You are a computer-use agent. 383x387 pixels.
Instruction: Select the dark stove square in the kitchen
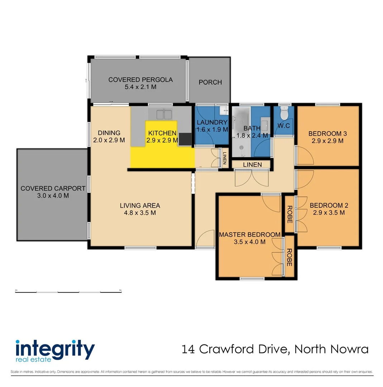pos(186,139)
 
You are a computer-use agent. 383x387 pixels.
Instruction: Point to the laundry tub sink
pos(223,110)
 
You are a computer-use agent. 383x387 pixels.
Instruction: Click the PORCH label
pos(210,82)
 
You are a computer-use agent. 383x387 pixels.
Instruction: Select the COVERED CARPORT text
pos(53,188)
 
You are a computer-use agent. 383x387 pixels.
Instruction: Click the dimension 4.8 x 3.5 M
pos(140,213)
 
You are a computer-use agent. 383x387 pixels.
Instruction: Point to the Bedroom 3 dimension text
pos(327,141)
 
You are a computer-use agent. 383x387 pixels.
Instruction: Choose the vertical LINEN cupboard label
pos(225,158)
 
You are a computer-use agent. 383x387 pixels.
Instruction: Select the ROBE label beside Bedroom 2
pos(289,214)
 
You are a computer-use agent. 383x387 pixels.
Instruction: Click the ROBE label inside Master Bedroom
pos(289,257)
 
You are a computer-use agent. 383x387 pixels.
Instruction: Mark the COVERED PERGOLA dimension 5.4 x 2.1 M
pos(140,87)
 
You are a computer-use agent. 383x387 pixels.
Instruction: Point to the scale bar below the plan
pos(68,292)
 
